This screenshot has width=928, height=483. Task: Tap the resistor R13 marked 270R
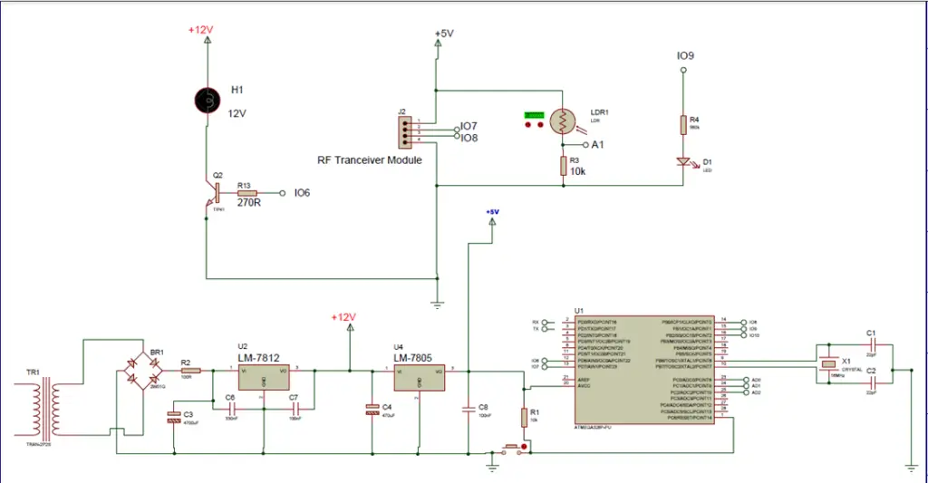click(246, 193)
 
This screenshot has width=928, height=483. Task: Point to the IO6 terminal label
click(303, 193)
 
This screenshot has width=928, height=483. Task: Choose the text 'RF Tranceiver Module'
click(369, 159)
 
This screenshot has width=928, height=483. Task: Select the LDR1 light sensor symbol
click(563, 121)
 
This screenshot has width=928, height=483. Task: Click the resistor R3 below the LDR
click(563, 166)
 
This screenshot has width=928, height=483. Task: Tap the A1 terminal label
click(597, 144)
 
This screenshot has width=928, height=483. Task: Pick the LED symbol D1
click(683, 161)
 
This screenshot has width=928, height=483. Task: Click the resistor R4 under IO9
click(683, 125)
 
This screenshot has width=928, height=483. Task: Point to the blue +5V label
click(491, 212)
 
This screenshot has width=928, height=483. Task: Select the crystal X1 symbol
click(827, 364)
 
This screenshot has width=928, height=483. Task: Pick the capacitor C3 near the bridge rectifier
click(174, 418)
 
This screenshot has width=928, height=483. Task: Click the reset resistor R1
click(524, 417)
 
